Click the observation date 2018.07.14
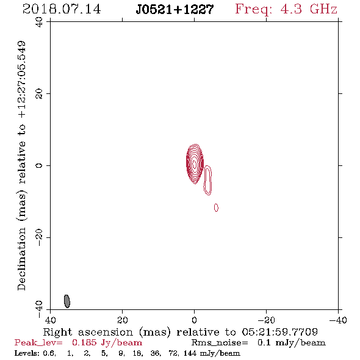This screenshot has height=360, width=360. tap(62, 9)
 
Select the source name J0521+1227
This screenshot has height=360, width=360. tap(175, 10)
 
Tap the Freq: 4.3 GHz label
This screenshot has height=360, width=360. tap(286, 9)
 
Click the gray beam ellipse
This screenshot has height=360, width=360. tap(67, 301)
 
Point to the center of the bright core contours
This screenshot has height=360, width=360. tap(195, 164)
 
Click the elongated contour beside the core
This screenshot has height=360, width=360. tap(207, 180)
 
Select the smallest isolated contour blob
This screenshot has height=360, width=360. tap(216, 207)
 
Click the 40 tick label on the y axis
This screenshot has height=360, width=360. tap(39, 22)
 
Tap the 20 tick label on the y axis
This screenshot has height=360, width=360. tap(39, 94)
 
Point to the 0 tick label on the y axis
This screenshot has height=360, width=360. tap(39, 165)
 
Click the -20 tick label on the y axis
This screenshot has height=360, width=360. tap(39, 237)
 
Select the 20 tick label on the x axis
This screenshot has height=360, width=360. tap(123, 320)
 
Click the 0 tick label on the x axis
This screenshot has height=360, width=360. tap(194, 320)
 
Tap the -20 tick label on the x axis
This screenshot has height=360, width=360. tap(266, 320)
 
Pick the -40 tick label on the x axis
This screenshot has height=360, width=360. tap(338, 320)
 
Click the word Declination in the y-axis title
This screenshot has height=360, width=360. tap(21, 259)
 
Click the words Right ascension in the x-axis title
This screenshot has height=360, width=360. tap(88, 332)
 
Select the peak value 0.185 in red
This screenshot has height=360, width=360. tap(84, 342)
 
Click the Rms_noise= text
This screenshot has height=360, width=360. tap(220, 343)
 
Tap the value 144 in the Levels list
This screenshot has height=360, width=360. tap(190, 353)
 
